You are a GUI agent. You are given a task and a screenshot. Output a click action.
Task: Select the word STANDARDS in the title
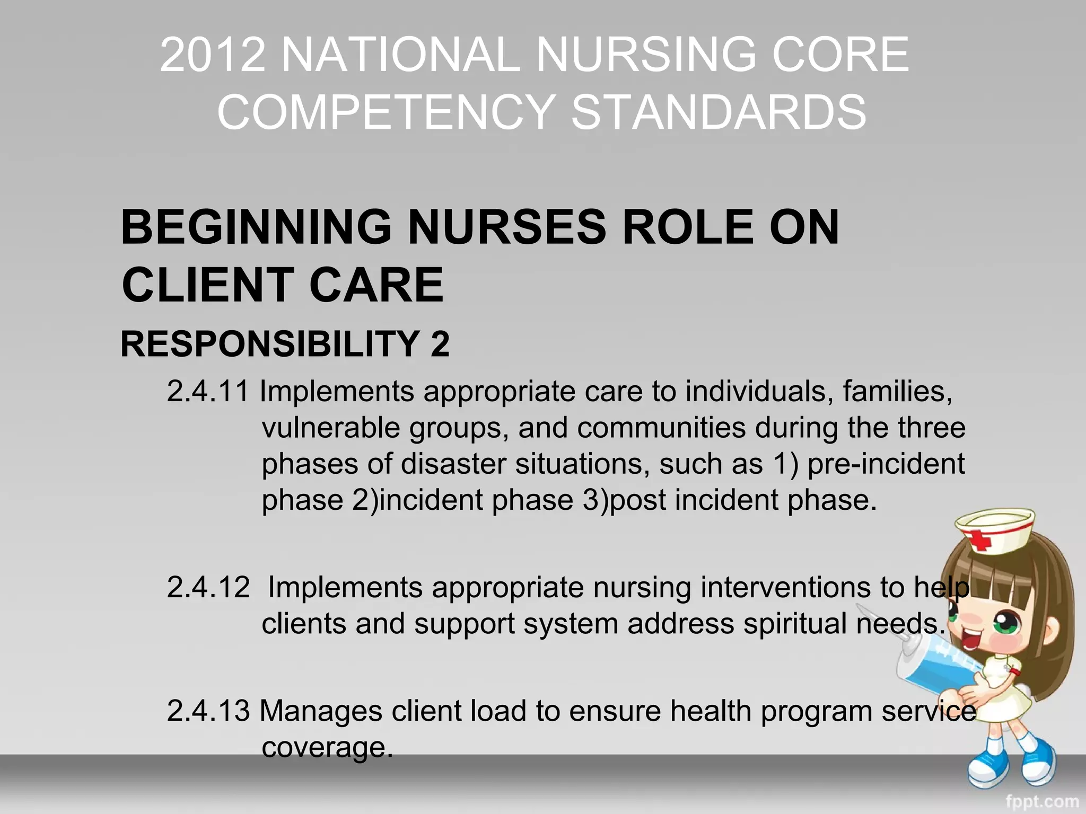[x=719, y=112]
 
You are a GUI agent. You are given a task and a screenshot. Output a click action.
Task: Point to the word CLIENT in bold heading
[x=207, y=285]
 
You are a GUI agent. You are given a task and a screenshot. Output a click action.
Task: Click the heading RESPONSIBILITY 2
[x=285, y=344]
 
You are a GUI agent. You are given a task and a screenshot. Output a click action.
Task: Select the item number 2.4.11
[x=208, y=392]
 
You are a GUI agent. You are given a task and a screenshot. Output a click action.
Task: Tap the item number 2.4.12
[x=208, y=588]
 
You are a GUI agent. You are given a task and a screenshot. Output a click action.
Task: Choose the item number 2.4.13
[x=208, y=711]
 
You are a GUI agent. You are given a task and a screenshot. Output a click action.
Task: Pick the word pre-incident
[x=886, y=464]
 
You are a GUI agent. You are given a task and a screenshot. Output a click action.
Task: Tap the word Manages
[x=321, y=711]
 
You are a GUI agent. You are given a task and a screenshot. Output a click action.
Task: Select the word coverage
[x=327, y=748]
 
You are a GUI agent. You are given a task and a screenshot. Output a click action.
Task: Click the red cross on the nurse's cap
[x=979, y=542]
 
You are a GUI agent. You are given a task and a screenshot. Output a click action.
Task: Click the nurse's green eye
[x=1006, y=622]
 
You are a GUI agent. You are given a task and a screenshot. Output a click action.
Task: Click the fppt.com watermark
[x=1042, y=801]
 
